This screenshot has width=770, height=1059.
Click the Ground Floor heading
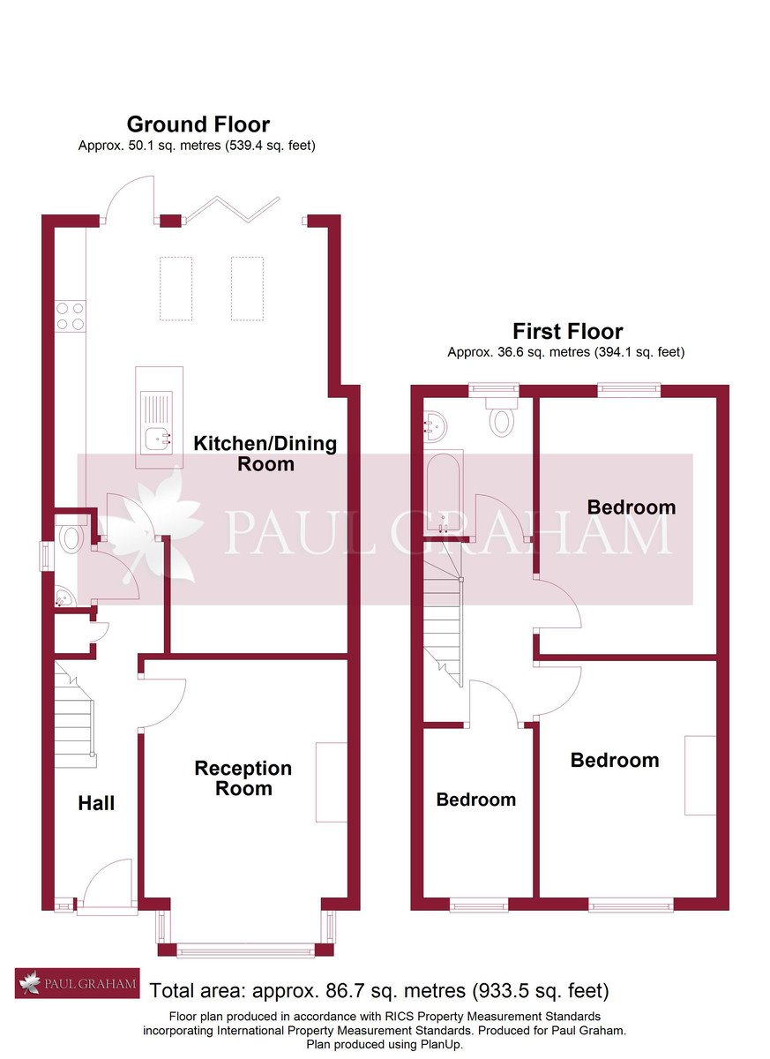click(x=198, y=124)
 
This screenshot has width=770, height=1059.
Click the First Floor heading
click(x=567, y=332)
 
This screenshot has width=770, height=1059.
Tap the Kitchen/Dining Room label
click(x=265, y=453)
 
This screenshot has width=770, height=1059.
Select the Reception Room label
click(x=243, y=778)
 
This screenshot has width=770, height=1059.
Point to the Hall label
click(x=96, y=803)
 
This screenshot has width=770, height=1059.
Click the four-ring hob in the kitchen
click(x=71, y=316)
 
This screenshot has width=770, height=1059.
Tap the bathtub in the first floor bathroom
click(x=441, y=493)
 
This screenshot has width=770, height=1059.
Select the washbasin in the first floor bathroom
click(x=436, y=428)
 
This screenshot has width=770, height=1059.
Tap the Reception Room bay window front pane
click(x=245, y=950)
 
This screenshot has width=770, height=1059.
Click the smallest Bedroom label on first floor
click(x=475, y=799)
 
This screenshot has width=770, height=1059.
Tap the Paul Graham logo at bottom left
click(x=77, y=984)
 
